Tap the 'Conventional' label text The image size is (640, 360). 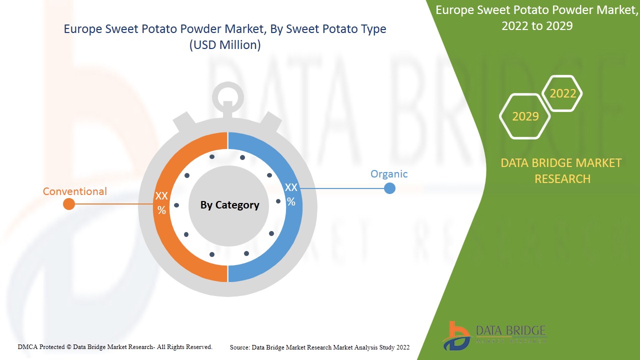click(74, 191)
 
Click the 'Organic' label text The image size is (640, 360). click(388, 174)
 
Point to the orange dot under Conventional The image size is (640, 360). click(69, 204)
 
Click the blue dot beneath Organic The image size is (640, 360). click(389, 188)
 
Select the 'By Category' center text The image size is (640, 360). click(229, 205)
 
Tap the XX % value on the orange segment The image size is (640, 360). click(161, 203)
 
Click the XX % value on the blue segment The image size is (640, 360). click(291, 194)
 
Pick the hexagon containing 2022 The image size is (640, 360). click(562, 93)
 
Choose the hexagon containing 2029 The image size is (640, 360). click(525, 116)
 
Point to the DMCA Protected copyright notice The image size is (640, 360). click(115, 346)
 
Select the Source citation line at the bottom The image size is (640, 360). click(319, 347)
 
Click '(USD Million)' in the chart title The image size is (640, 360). click(224, 45)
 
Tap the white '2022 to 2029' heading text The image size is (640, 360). click(537, 25)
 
